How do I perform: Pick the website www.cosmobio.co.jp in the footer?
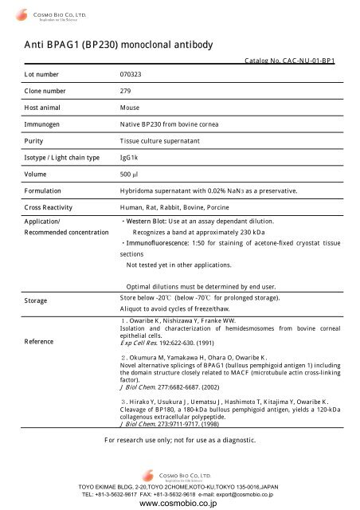(x=180, y=503)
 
